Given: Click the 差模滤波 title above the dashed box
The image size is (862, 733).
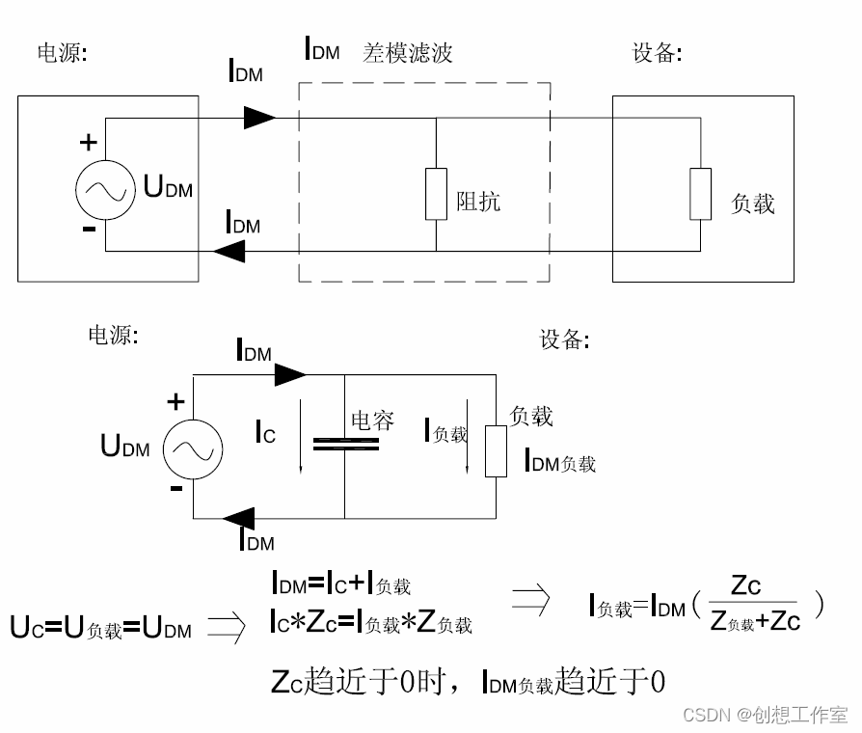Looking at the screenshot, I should pos(407,52).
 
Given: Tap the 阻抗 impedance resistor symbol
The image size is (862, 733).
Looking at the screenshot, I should pos(436,192).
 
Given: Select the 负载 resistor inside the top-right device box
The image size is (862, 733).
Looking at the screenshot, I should pos(700,192).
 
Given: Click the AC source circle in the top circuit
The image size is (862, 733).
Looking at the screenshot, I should pos(105,186).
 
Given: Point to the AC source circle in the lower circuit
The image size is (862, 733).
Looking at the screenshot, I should pos(193,448).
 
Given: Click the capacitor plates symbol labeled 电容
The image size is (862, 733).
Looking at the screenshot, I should pos(345,444).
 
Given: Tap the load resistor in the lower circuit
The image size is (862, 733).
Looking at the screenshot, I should pos(496,450).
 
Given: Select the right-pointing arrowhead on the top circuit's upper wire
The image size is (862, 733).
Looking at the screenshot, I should pos(259,118).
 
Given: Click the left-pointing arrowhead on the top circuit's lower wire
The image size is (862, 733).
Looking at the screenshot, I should pos(229,251).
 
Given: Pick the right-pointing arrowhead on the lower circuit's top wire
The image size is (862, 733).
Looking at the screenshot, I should pos(290,373).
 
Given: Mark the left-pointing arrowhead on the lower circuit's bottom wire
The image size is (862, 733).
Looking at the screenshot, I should pos(239,519).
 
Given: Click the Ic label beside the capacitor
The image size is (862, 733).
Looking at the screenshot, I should pos(265,435).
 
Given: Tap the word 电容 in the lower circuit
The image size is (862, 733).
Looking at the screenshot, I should pos(371,420).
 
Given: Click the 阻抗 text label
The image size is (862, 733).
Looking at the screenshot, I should pos(478,202).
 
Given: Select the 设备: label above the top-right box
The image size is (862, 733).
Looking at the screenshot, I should pos(657,53).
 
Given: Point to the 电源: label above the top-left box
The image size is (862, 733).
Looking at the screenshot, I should pos(62,53).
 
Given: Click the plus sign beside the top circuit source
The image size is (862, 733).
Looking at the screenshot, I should pos(88,143).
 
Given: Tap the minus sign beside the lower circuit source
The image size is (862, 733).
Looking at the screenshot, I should pos(175,488).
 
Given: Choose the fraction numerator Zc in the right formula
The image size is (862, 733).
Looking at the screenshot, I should pos(746,584).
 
